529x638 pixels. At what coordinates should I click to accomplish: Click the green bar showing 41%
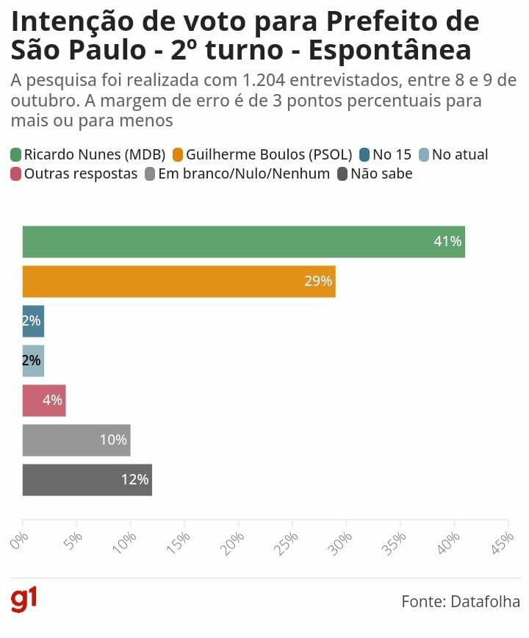[x=243, y=242]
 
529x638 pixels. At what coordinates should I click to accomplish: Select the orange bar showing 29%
[x=179, y=282]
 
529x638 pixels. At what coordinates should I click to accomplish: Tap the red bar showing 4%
[x=44, y=401]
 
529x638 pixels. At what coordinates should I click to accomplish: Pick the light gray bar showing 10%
[x=76, y=440]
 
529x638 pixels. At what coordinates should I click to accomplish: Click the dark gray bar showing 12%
[x=87, y=480]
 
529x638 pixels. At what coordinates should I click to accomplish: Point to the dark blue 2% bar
[x=33, y=321]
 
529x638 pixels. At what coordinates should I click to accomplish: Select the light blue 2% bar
[x=33, y=361]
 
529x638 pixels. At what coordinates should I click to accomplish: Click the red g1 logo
[x=24, y=600]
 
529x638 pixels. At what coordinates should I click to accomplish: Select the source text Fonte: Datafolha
[x=461, y=601]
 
